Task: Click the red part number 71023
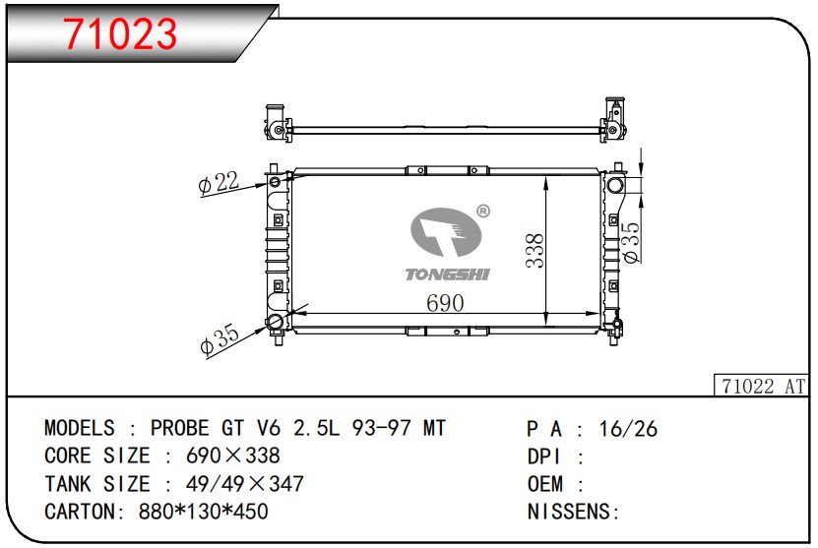(x=120, y=33)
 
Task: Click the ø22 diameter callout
(x=219, y=183)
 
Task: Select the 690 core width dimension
(x=445, y=303)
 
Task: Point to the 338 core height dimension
(x=535, y=251)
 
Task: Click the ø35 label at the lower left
(x=220, y=339)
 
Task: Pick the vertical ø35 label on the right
(x=631, y=242)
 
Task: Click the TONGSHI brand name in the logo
(x=448, y=274)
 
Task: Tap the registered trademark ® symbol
(x=483, y=212)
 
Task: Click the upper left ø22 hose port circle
(x=275, y=182)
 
